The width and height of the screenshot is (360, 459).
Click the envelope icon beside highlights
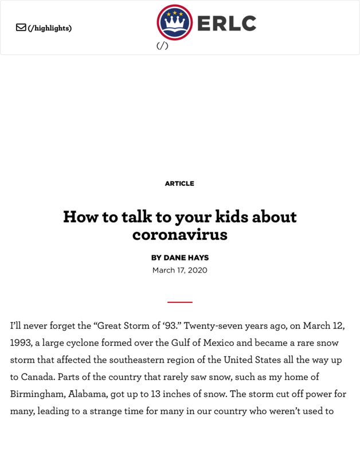[21, 28]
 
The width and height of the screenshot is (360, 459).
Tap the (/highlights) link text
[50, 28]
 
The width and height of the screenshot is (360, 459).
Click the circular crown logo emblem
[174, 22]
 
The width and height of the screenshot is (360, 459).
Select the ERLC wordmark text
[226, 24]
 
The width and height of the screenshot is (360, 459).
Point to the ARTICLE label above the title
[179, 184]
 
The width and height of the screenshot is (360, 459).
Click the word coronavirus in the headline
[179, 234]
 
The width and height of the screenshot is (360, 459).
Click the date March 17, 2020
[179, 270]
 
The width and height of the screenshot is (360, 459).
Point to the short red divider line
[179, 302]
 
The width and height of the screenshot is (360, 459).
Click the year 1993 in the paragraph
[21, 343]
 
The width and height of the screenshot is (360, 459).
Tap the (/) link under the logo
[162, 46]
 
